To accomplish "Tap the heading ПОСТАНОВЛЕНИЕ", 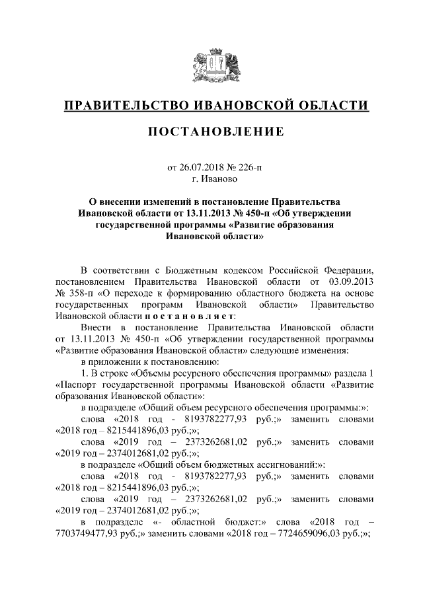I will pos(215,132).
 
